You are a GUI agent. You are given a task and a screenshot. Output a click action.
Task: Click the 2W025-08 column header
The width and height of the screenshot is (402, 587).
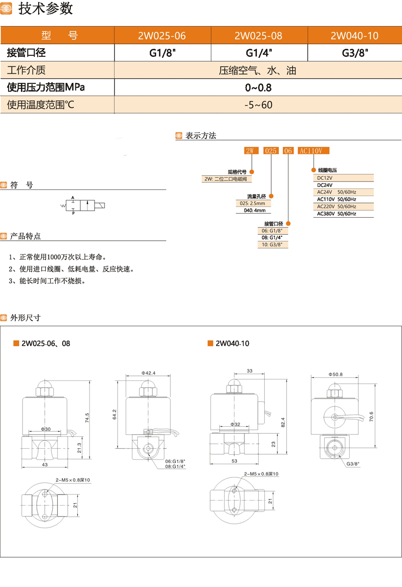(258, 36)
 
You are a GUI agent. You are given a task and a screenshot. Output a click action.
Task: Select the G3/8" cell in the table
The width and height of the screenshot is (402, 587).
(354, 53)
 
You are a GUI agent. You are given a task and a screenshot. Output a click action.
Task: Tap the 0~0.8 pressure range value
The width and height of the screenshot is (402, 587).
(258, 87)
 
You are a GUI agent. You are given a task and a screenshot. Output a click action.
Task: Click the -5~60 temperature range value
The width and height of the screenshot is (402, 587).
(258, 105)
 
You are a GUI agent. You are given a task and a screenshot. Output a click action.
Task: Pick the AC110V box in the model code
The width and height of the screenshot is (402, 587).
(314, 150)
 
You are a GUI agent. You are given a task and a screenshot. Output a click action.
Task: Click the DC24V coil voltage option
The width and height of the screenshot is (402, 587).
(326, 184)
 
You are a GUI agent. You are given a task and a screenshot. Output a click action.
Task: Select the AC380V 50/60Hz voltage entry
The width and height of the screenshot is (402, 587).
(336, 214)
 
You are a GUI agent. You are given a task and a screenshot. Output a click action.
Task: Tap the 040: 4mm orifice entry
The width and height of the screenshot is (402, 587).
(254, 211)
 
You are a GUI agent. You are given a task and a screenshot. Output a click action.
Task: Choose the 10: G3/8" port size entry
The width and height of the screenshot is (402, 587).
(270, 245)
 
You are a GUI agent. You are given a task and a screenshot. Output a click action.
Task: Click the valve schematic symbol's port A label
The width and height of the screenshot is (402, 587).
(73, 199)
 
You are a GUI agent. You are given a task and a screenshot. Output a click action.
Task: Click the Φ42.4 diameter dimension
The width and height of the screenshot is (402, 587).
(149, 373)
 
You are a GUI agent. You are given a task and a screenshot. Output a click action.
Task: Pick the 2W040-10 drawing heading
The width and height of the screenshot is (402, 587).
(232, 344)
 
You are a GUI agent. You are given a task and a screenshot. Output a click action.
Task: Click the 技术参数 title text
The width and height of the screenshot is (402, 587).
(46, 9)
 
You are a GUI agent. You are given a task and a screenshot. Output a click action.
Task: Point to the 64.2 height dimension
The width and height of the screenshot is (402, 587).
(114, 415)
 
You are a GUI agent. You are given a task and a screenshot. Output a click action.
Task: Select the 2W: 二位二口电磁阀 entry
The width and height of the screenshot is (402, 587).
(226, 179)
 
